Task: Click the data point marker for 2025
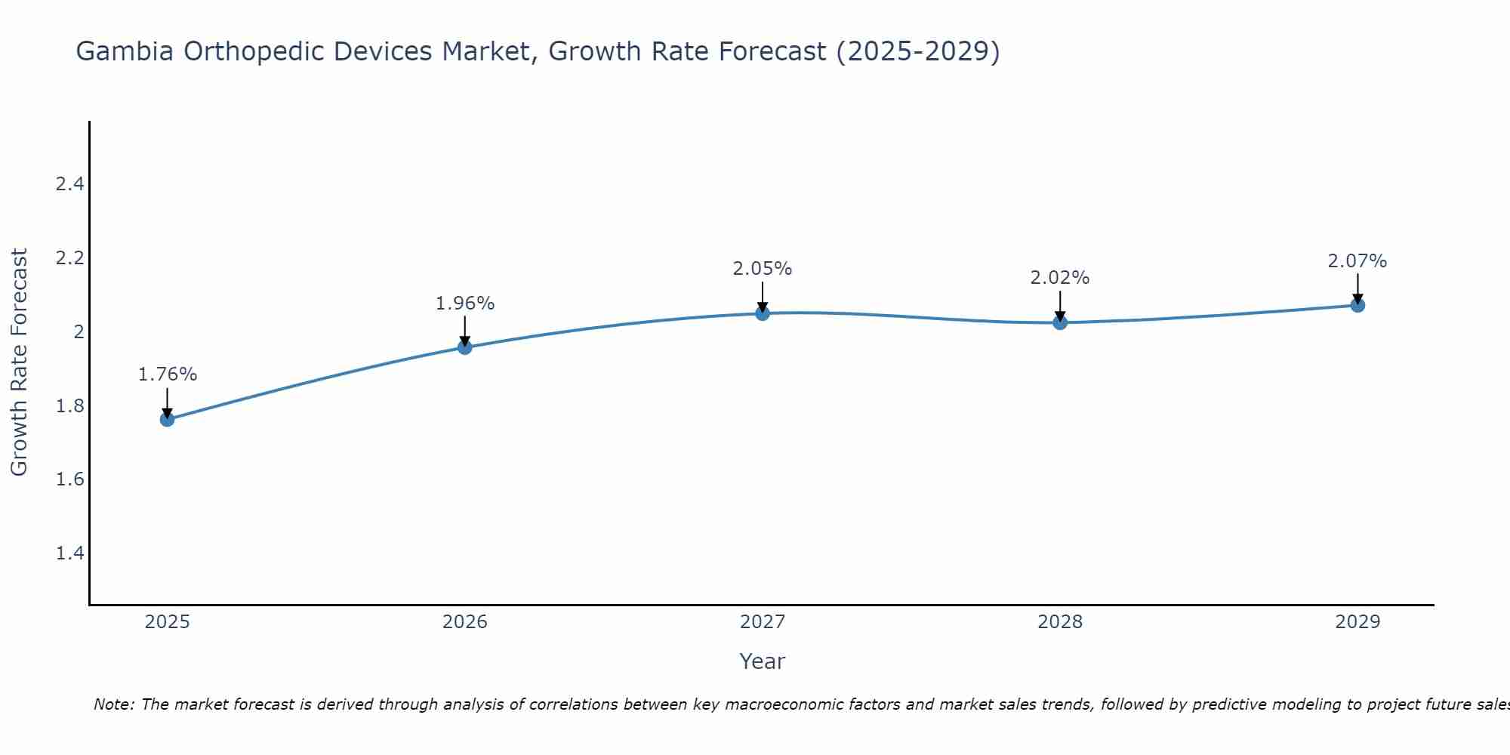click(168, 419)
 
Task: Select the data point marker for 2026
click(465, 347)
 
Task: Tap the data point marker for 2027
click(763, 313)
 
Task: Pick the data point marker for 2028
click(1060, 323)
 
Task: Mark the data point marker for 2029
click(1357, 305)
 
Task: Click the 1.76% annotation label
click(168, 374)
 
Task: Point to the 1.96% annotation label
click(465, 304)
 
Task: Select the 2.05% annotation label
click(763, 269)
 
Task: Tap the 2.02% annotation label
click(1060, 278)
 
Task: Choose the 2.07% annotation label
click(1357, 261)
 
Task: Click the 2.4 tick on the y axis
click(69, 184)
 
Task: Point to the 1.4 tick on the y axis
click(69, 553)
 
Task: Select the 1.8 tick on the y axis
click(69, 406)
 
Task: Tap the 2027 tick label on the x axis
click(763, 622)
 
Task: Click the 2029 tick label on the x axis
click(1357, 622)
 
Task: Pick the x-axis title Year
click(763, 661)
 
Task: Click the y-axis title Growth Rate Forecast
click(19, 362)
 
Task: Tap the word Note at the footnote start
click(113, 704)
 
